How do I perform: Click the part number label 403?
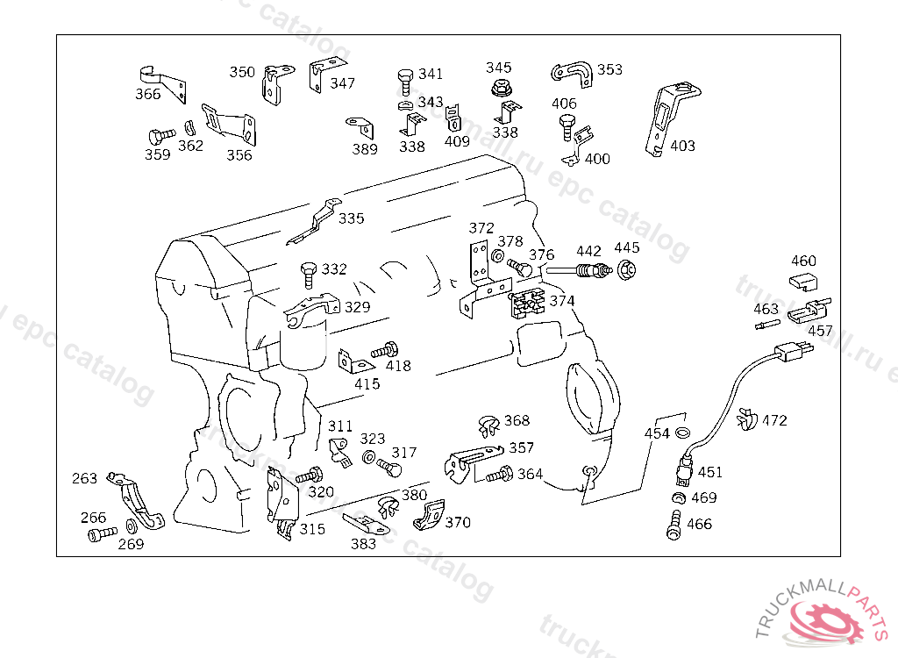[682, 146]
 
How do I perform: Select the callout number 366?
[148, 95]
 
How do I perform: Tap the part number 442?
[588, 252]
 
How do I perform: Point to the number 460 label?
[803, 261]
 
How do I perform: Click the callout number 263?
[85, 478]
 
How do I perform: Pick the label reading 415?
[367, 383]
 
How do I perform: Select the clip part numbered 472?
[746, 421]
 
